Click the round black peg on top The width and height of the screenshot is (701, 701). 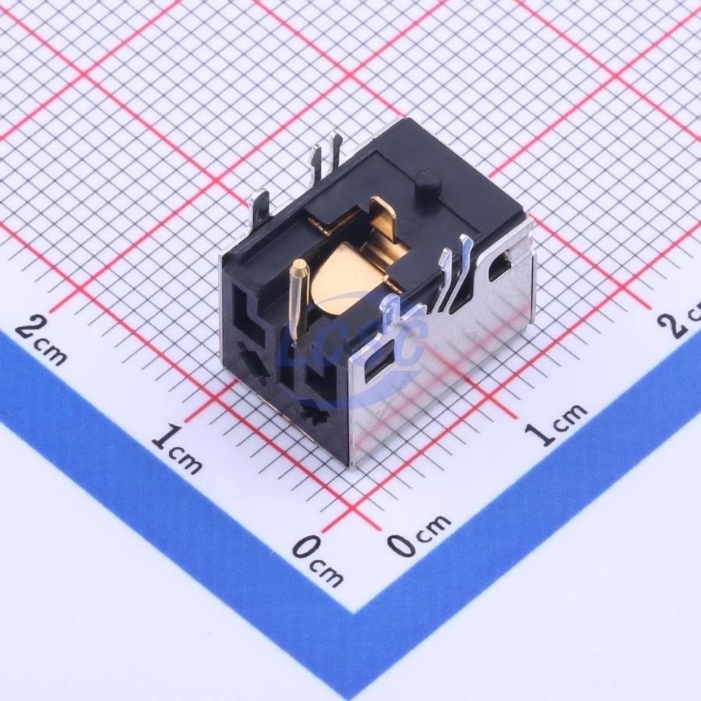428,182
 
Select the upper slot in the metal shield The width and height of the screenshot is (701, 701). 500,267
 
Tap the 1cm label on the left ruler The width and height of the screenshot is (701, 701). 178,449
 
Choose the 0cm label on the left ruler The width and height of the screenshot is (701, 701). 319,561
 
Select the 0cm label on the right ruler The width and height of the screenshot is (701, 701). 418,534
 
